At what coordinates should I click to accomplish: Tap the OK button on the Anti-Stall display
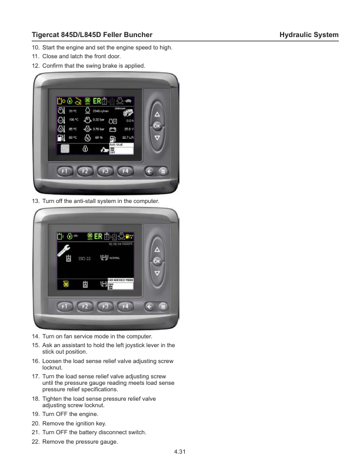pos(157,127)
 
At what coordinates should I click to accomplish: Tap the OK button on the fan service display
pos(157,261)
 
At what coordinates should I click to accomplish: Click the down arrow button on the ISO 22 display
pos(157,273)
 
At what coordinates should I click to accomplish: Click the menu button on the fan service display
pos(163,306)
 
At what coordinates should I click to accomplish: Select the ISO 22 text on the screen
pos(84,258)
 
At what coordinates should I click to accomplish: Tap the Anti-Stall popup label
pos(116,144)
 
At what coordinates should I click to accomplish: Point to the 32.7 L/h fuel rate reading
pos(128,137)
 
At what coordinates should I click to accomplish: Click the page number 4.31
pos(180,451)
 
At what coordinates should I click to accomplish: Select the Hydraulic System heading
pos(309,35)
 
